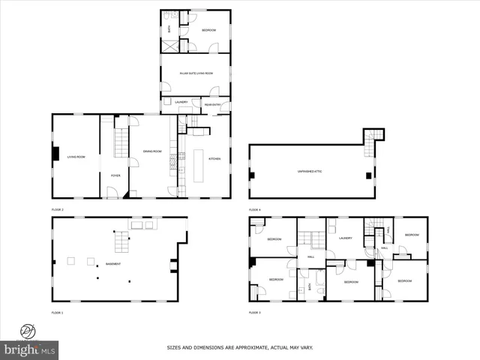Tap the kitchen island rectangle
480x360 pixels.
pos(199,166)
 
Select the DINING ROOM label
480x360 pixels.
pos(152,151)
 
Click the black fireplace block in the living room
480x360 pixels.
pos(55,153)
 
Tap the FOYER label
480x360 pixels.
pos(115,175)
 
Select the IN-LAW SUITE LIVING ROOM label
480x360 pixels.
pos(196,73)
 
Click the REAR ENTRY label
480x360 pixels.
pos(211,104)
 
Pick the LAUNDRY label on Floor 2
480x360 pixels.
pos(181,102)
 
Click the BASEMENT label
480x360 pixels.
pos(112,264)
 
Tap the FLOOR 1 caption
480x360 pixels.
pos(58,312)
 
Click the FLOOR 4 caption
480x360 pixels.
pos(255,209)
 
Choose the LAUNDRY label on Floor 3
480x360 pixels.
pos(345,238)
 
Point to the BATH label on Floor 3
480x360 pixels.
pos(309,286)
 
